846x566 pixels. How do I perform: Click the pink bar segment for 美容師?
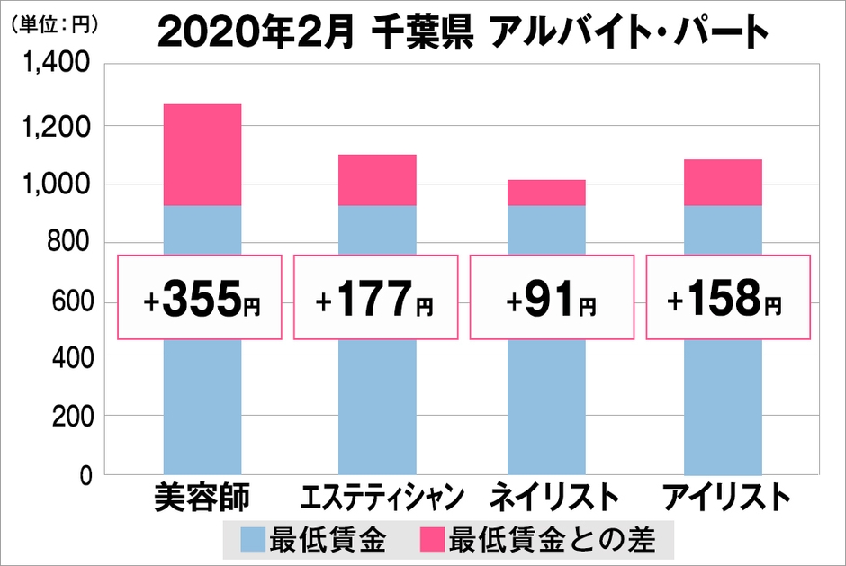point(202,155)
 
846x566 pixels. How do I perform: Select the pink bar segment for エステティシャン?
point(378,180)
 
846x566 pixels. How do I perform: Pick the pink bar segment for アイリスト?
point(724,183)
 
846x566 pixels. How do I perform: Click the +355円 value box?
point(201,296)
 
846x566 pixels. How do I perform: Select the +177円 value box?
point(377,296)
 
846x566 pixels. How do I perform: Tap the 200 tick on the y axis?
point(68,417)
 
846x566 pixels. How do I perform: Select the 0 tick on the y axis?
point(84,475)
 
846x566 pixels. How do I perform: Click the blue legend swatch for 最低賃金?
point(254,541)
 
